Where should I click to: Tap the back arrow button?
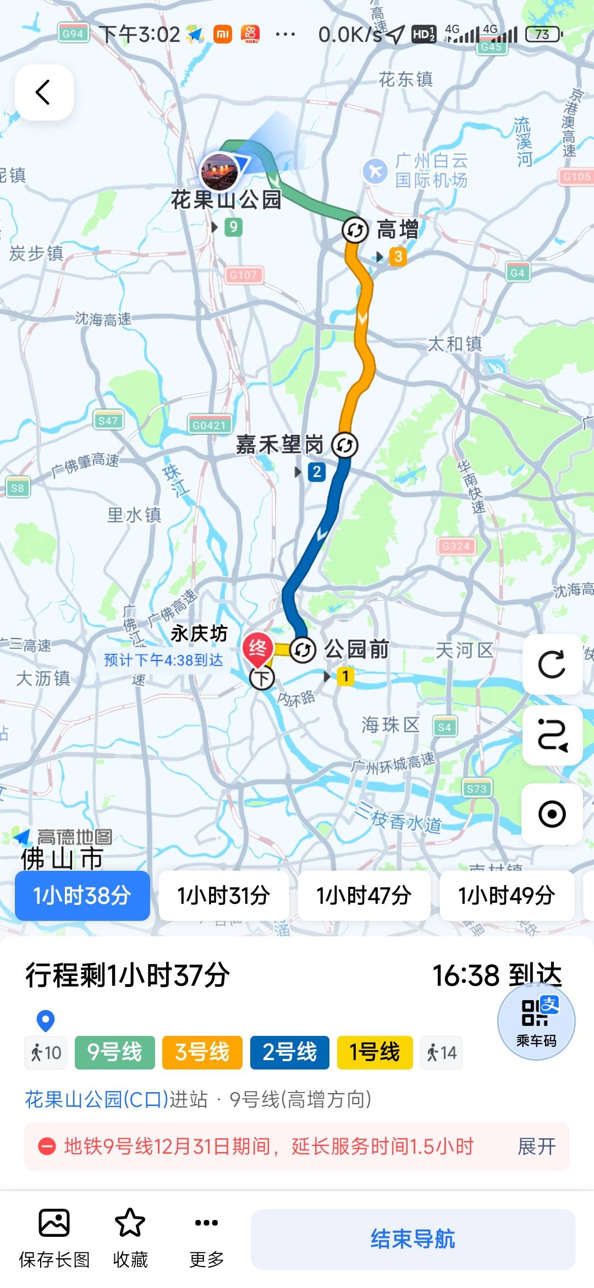[x=44, y=92]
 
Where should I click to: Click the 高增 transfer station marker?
[x=355, y=230]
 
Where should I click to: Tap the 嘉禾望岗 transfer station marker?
[x=345, y=445]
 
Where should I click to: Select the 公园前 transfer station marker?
[x=302, y=650]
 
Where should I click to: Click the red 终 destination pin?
[x=257, y=648]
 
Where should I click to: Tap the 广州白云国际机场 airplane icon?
[x=376, y=171]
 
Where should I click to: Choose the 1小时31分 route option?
[x=223, y=896]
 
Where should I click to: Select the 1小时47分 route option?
[x=364, y=896]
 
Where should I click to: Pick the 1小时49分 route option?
[x=507, y=896]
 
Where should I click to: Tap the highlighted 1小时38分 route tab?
[x=82, y=896]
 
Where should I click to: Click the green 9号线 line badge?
[x=114, y=1052]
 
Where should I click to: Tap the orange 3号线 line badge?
[x=202, y=1052]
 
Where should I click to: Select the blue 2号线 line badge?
[x=289, y=1052]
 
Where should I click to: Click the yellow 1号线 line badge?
[x=375, y=1052]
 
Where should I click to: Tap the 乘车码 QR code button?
[x=536, y=1021]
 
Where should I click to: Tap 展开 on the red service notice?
[x=536, y=1147]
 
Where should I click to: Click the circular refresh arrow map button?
[x=552, y=664]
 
